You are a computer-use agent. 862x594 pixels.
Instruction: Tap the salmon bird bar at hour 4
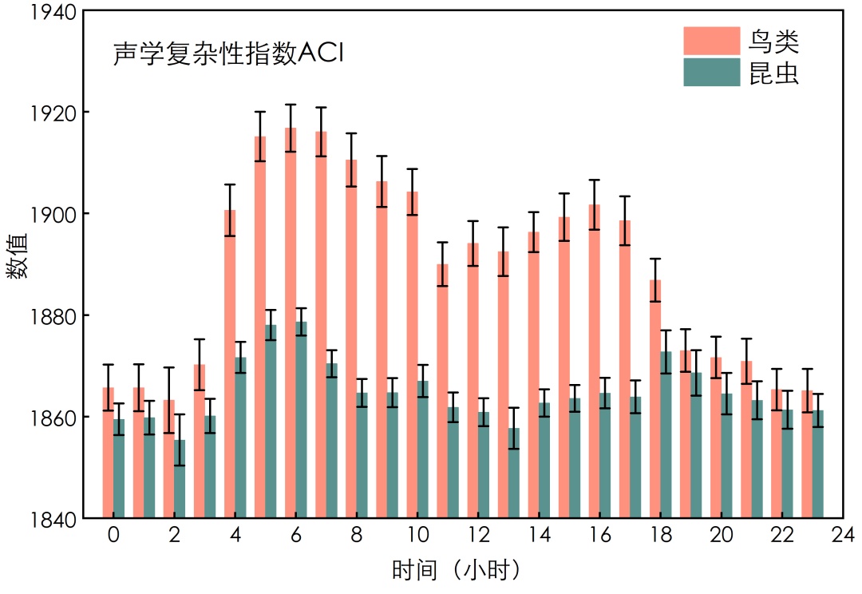[230, 364]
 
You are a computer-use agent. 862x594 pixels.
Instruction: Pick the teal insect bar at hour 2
[180, 479]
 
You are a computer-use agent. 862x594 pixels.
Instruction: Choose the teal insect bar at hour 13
[514, 473]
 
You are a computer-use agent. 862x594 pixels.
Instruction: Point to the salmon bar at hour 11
[442, 391]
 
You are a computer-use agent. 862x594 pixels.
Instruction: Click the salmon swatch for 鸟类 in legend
[711, 40]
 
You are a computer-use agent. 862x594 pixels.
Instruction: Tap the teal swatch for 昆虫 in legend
[711, 73]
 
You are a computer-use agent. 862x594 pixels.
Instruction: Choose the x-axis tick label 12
[478, 534]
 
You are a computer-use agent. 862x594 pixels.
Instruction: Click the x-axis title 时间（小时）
[456, 571]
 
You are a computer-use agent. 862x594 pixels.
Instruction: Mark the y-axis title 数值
[18, 255]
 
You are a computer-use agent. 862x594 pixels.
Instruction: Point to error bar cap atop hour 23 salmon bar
[807, 369]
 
